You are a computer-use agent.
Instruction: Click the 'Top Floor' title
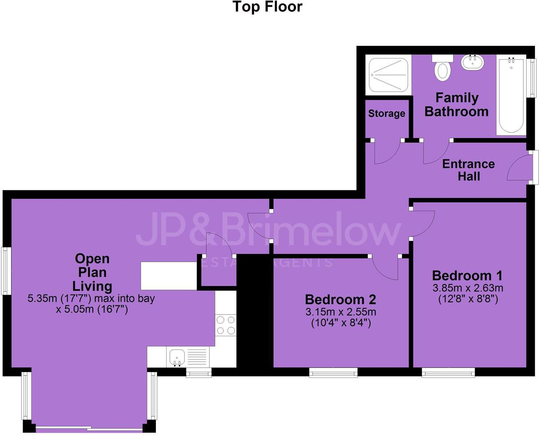pyautogui.click(x=267, y=7)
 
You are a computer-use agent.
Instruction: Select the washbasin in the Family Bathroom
pyautogui.click(x=473, y=63)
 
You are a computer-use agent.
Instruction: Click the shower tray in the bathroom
pyautogui.click(x=388, y=75)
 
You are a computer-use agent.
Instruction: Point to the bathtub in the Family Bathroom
pyautogui.click(x=511, y=95)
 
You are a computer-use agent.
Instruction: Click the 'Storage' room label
pyautogui.click(x=386, y=113)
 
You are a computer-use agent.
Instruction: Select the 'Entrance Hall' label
pyautogui.click(x=468, y=170)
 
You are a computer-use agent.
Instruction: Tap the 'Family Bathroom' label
pyautogui.click(x=456, y=105)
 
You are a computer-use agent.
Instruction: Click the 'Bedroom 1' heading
pyautogui.click(x=467, y=275)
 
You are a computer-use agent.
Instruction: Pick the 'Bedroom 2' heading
pyautogui.click(x=340, y=299)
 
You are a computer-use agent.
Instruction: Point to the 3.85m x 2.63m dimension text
pyautogui.click(x=468, y=288)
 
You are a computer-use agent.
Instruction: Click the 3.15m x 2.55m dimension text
pyautogui.click(x=341, y=312)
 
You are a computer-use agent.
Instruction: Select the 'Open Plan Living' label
pyautogui.click(x=92, y=272)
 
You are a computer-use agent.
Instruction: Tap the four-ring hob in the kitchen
pyautogui.click(x=226, y=325)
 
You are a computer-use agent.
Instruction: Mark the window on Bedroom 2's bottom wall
pyautogui.click(x=334, y=373)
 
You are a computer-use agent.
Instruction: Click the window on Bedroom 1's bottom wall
pyautogui.click(x=448, y=373)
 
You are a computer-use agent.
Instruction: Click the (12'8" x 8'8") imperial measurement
pyautogui.click(x=468, y=299)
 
